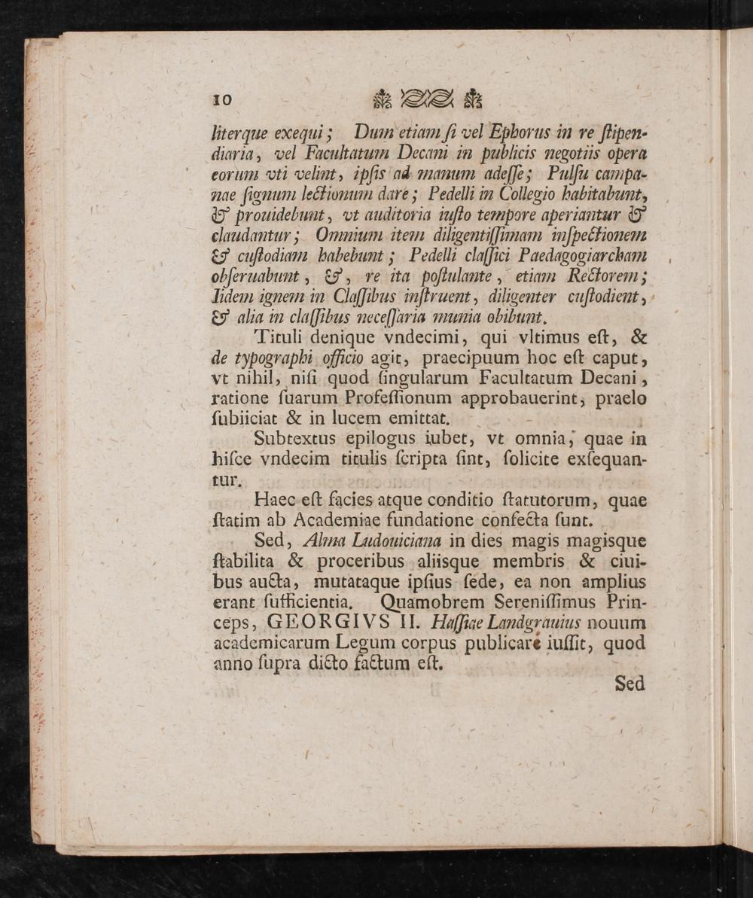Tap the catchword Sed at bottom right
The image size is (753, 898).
(630, 683)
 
